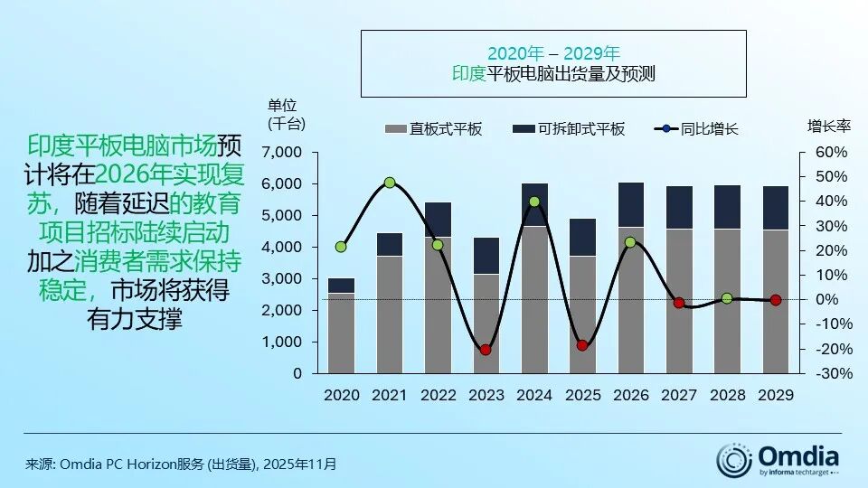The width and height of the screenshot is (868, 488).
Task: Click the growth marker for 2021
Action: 390,183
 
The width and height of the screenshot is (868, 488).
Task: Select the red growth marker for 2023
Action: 486,350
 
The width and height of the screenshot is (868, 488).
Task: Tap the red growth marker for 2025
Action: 582,345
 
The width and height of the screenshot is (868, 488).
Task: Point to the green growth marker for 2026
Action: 630,242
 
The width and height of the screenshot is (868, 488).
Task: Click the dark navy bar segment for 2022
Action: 438,220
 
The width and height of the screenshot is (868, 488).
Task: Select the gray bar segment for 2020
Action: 341,333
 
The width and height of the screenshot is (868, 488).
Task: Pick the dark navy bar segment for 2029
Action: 775,208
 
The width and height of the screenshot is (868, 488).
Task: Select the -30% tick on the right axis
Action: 832,373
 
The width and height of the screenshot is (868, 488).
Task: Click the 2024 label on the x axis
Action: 534,395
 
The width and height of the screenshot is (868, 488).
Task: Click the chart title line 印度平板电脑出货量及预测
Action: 553,74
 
